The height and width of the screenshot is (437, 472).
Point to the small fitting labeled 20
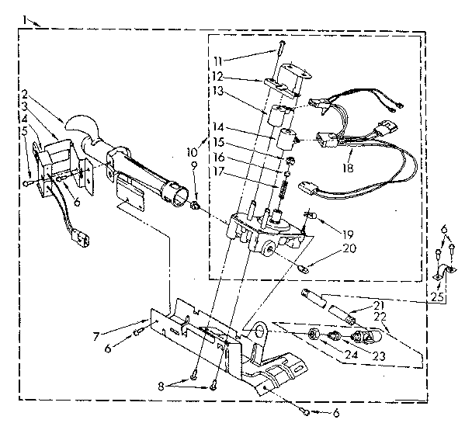(304, 268)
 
